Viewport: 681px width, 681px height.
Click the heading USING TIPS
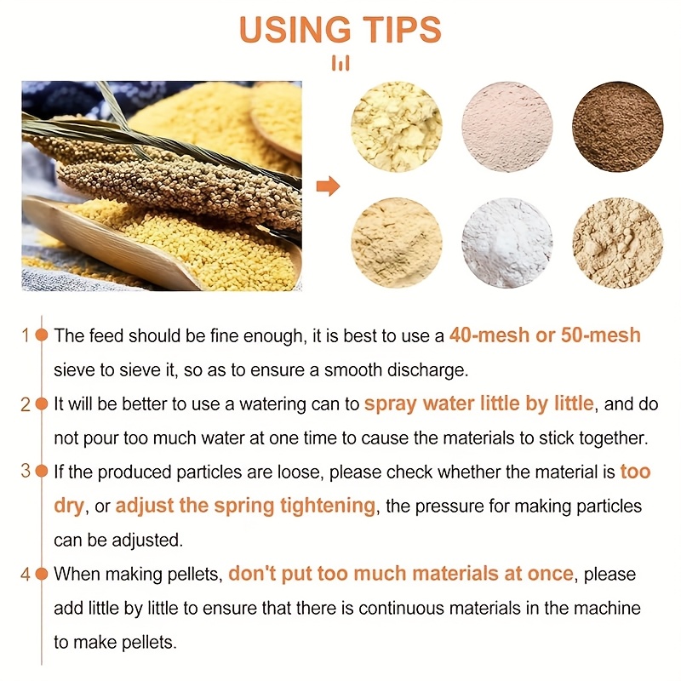point(340,30)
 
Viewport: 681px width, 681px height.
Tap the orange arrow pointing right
point(328,186)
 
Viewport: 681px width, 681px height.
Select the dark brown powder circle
point(618,126)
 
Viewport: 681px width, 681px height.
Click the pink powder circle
point(506,126)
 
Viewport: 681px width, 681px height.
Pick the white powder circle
point(506,243)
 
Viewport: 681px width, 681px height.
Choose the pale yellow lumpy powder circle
point(396,126)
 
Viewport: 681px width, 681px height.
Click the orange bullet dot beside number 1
point(42,335)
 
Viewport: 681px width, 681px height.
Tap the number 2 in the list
point(26,404)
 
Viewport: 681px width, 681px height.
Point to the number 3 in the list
point(26,471)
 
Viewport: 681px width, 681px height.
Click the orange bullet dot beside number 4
point(42,574)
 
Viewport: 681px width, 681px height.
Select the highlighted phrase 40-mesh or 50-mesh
point(545,335)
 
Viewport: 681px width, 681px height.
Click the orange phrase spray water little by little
point(478,403)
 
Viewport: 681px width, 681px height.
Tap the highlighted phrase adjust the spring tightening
point(245,506)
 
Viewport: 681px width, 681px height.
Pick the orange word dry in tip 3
point(69,506)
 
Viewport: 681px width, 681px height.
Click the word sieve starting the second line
point(74,370)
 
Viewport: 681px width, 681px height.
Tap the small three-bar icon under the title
point(340,63)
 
